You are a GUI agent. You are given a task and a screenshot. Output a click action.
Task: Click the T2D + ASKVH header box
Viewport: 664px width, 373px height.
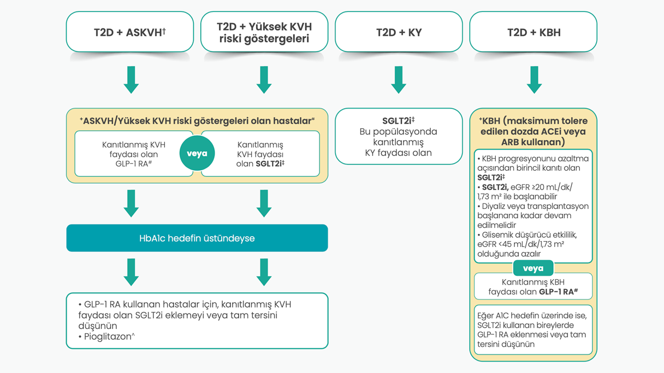[x=130, y=32]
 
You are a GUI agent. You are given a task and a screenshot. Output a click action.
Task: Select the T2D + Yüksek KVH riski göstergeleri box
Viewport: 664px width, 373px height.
[x=264, y=32]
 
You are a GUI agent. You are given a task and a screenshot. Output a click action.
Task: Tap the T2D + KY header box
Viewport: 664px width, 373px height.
[x=399, y=32]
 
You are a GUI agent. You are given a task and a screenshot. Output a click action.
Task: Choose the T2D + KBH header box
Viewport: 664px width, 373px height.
[x=533, y=32]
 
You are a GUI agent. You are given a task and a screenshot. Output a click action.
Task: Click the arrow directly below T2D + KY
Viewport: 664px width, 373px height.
[x=399, y=80]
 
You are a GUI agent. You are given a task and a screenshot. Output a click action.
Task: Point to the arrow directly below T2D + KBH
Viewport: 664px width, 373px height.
[x=533, y=80]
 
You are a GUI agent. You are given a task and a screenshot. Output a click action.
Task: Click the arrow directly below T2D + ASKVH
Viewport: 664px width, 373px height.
[x=131, y=80]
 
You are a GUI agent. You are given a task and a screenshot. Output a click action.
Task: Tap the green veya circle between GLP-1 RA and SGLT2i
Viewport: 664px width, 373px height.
[x=197, y=153]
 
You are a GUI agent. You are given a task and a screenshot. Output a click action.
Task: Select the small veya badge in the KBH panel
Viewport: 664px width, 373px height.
[x=533, y=268]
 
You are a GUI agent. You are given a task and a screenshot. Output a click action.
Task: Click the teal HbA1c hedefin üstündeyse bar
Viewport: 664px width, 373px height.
[x=197, y=238]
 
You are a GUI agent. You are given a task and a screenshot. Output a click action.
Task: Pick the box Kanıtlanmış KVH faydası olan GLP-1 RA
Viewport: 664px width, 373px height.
[x=134, y=154]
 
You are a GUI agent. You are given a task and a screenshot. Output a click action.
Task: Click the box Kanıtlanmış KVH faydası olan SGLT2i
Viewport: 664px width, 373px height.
[x=260, y=154]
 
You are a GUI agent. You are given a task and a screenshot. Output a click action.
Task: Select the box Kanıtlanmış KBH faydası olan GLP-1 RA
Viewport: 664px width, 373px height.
[x=533, y=287]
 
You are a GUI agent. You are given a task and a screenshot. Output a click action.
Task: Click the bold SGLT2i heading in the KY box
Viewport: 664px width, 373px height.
[x=399, y=121]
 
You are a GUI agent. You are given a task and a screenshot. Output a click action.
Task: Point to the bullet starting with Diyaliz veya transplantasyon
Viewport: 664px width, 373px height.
[x=533, y=215]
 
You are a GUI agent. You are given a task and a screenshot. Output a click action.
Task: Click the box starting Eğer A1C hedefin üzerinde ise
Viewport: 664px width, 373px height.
[x=533, y=330]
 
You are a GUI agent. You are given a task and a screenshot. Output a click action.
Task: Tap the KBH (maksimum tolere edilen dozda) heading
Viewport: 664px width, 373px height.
[x=533, y=131]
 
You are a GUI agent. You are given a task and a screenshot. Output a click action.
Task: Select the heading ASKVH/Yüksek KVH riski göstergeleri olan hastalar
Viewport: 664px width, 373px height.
[x=197, y=121]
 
